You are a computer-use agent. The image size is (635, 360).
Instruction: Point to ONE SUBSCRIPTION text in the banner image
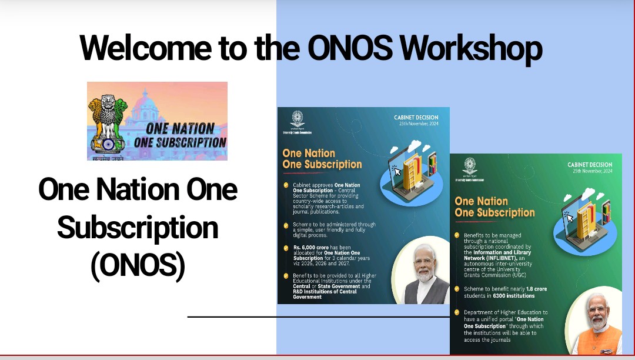tap(180, 142)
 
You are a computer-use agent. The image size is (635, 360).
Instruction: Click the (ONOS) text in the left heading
tap(138, 266)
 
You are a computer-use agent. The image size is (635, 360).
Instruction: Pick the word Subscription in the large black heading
tap(138, 228)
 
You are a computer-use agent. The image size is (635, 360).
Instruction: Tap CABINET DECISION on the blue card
tap(416, 118)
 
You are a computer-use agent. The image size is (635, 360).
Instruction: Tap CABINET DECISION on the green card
tap(589, 165)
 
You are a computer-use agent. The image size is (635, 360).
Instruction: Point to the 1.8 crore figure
tap(518, 289)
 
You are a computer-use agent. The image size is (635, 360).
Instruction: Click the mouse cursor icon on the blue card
tap(397, 172)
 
